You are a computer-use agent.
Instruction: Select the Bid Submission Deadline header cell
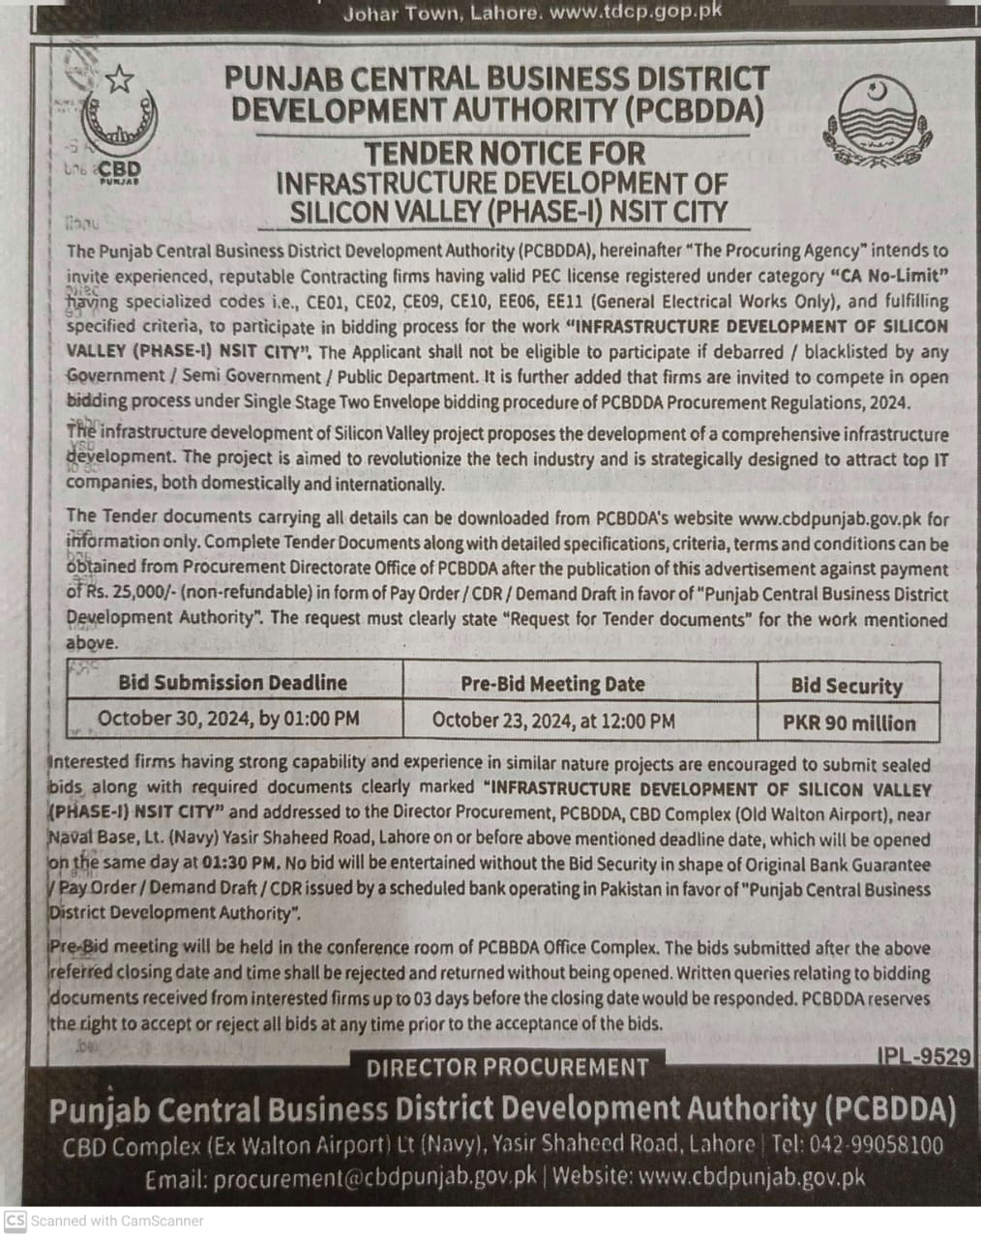tap(232, 683)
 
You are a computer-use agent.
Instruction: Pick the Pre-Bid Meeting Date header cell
tap(552, 684)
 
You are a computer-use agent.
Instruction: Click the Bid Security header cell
tap(847, 686)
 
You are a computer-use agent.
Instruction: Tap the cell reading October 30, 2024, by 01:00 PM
tap(228, 719)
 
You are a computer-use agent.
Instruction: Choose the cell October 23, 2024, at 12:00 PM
tap(553, 720)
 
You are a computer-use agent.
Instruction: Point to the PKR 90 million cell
tap(848, 722)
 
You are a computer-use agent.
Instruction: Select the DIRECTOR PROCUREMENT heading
tap(508, 1068)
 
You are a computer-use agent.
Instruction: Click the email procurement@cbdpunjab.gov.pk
tap(374, 1178)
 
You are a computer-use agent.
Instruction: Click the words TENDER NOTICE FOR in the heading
tap(503, 153)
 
